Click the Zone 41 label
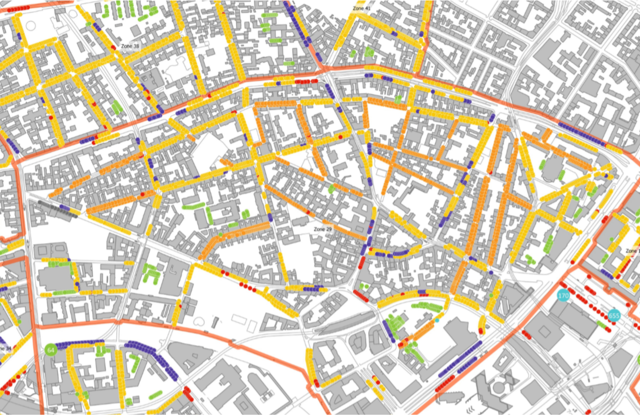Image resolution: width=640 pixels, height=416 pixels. coord(361,9)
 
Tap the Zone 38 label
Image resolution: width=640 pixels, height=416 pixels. coord(130,46)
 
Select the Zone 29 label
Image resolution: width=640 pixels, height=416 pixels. coord(323,229)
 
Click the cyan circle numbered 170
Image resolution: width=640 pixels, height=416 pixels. coord(563,295)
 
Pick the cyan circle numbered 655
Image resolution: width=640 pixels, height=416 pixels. coord(614,316)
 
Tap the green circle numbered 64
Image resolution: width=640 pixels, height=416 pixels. coord(51,350)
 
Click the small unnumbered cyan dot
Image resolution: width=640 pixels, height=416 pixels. coord(437,320)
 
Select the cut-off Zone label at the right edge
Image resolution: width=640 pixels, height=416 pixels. coord(632,251)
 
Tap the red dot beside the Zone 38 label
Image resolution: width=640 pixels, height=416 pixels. coord(113,47)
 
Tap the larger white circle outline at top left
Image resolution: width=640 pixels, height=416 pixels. coord(31,26)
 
